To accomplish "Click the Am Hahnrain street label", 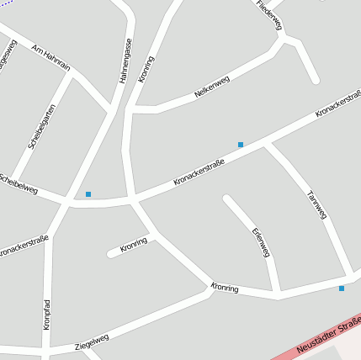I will (50, 58).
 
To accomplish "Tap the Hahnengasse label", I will (125, 60).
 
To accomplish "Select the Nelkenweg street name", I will (211, 87).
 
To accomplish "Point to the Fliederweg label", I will (269, 15).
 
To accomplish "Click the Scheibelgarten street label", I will (41, 126).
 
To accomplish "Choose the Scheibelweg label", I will (19, 184).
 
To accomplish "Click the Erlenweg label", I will (261, 241).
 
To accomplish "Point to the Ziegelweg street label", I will (92, 341).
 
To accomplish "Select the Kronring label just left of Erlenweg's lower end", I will (225, 289).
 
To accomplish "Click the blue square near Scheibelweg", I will (88, 194).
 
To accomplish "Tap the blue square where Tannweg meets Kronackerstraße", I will (241, 145).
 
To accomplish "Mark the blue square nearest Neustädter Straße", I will (342, 289).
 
